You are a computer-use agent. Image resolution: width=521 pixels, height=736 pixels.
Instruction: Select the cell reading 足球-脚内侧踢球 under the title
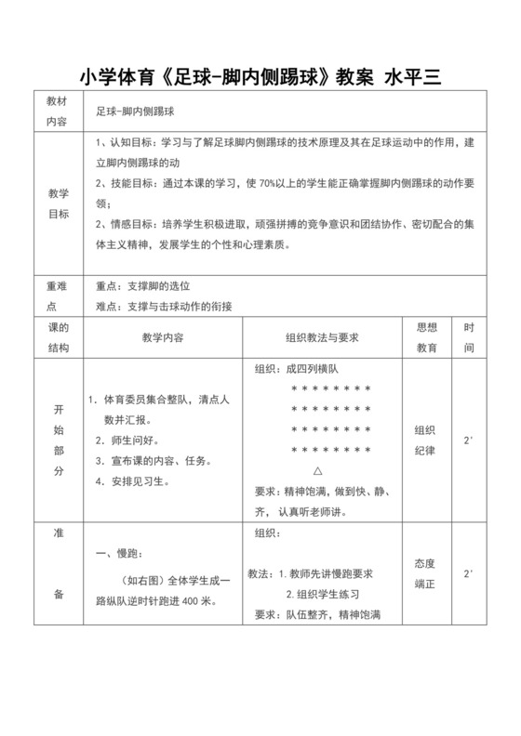(136, 110)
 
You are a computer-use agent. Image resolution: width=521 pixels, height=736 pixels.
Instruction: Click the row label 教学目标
(58, 204)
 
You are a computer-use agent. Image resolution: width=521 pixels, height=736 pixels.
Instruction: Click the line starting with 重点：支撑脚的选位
(149, 286)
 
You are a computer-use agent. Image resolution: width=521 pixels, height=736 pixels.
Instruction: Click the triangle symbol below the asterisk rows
(318, 470)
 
